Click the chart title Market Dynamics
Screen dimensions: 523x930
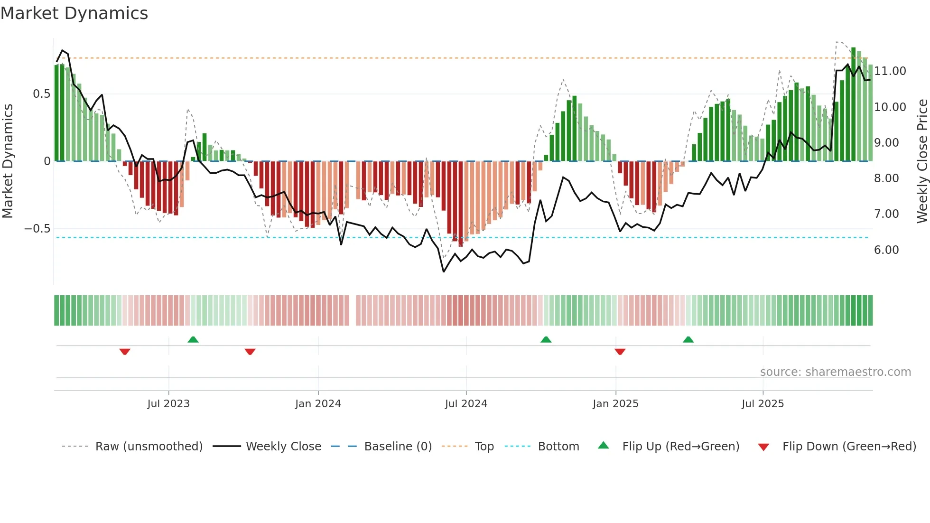[x=74, y=13]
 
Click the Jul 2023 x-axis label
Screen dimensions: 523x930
[x=168, y=404]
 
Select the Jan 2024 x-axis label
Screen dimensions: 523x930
[x=318, y=404]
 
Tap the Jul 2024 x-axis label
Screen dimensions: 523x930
[x=466, y=404]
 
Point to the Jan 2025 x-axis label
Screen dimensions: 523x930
[x=615, y=404]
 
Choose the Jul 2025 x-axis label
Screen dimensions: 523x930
[x=763, y=404]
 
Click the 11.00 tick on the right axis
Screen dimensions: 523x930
[x=890, y=71]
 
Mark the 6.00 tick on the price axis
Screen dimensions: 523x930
[x=886, y=250]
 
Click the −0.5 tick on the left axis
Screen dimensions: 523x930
[x=37, y=229]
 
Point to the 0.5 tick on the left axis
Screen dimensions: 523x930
[x=41, y=94]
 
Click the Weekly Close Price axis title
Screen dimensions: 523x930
[x=922, y=161]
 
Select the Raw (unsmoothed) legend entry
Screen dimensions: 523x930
[x=149, y=447]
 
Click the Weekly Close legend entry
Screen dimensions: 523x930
[x=283, y=447]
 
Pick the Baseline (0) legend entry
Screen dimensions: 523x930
[x=398, y=447]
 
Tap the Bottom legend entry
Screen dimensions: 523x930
[x=558, y=447]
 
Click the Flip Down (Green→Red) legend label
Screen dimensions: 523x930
[x=849, y=447]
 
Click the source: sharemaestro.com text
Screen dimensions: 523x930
[x=835, y=372]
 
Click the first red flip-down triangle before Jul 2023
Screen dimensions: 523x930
[x=125, y=352]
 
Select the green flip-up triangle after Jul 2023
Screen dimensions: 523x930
[x=193, y=339]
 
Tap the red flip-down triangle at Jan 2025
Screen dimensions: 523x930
[x=620, y=352]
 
